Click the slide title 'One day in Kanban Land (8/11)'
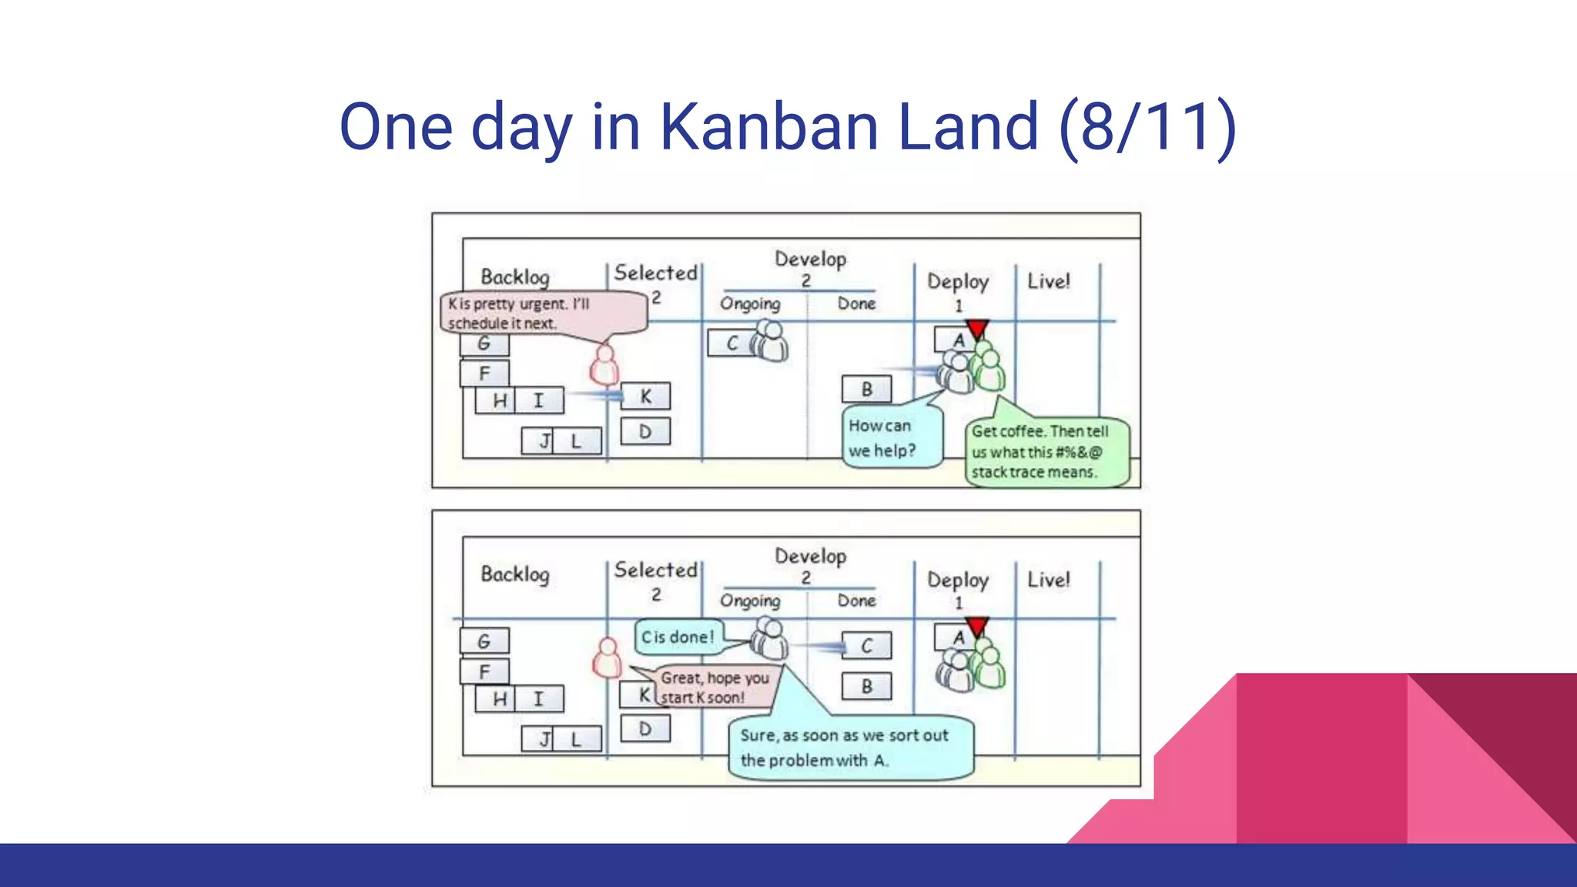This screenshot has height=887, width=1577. coord(787,127)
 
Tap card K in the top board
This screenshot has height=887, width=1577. coord(645,397)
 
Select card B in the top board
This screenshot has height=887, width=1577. coord(866,390)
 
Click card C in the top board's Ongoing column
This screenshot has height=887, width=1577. coord(731,343)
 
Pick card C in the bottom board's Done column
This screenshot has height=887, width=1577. coord(866,646)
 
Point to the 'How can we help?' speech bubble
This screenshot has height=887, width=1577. coord(892,438)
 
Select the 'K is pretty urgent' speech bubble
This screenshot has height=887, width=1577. coord(542,313)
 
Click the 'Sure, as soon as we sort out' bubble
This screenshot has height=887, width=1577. coord(850,748)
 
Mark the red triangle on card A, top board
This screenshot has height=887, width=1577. coord(977,330)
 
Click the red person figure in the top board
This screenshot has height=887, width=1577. coord(604,365)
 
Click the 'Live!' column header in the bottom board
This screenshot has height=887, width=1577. coord(1048,580)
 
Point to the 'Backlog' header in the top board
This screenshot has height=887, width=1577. coord(515,276)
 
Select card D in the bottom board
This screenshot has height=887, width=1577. coord(645,728)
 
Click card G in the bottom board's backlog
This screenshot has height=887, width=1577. coord(484,641)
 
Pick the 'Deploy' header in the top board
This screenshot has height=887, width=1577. coord(957,282)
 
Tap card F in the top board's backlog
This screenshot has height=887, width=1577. coord(484,374)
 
